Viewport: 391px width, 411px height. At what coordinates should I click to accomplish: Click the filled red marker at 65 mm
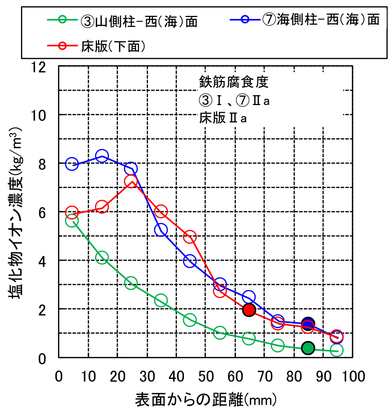tap(249, 310)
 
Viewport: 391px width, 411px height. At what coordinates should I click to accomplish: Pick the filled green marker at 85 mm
tap(308, 348)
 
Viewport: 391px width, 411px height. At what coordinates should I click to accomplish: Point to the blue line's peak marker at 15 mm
tap(102, 156)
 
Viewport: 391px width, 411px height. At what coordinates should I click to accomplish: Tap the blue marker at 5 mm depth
tap(72, 164)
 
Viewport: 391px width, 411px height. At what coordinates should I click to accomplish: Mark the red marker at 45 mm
tap(190, 237)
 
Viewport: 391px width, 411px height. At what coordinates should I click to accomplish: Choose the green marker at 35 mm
tap(161, 300)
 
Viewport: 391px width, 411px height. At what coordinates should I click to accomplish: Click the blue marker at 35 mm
tap(161, 230)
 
